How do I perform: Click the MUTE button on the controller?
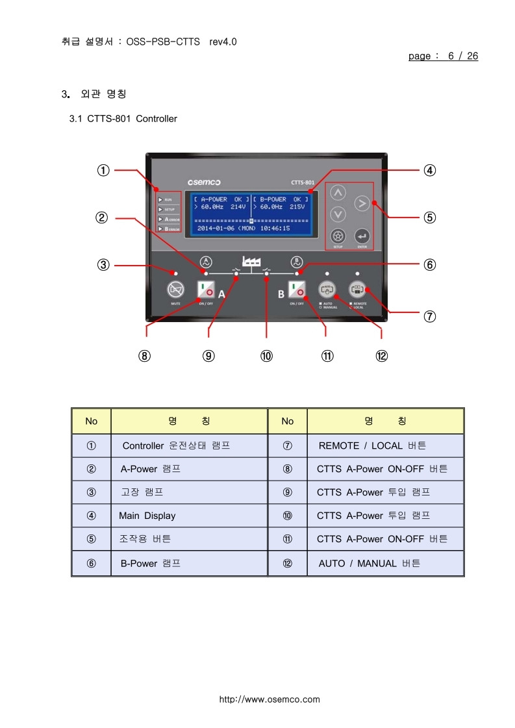[175, 289]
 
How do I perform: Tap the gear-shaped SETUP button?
[337, 237]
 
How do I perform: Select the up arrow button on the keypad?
[338, 193]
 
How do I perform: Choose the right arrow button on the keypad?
[362, 204]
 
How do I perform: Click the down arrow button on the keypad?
[338, 214]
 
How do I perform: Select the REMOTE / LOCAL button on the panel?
[357, 289]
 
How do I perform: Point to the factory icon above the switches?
[251, 260]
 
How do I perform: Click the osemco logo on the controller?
[204, 182]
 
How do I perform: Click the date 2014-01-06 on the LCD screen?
[216, 229]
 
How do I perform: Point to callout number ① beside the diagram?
[103, 170]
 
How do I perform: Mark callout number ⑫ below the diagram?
[381, 356]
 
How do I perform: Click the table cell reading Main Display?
[147, 516]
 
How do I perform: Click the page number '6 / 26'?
[462, 56]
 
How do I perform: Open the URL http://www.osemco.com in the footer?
[270, 699]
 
